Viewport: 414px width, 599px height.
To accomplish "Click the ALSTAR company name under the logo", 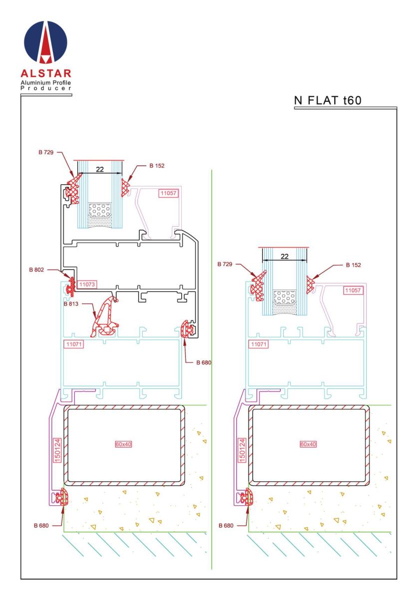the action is tap(46, 73).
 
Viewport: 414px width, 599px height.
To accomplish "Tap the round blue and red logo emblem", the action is tap(45, 42).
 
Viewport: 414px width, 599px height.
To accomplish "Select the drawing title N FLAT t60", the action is tap(328, 100).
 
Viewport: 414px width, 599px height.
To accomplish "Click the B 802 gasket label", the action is tap(36, 270).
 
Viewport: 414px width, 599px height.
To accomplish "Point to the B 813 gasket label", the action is tap(71, 304).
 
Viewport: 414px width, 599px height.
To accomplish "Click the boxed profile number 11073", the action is tap(87, 284).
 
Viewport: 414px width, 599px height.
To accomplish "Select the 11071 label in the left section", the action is tap(73, 344).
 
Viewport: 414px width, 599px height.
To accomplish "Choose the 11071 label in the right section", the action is tap(259, 344).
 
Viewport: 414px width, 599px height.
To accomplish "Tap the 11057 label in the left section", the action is tap(168, 193).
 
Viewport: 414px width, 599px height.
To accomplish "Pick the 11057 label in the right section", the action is tap(353, 291).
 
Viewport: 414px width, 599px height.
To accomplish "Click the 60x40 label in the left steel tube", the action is tap(123, 444).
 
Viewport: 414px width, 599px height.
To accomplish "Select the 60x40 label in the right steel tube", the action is tap(308, 444).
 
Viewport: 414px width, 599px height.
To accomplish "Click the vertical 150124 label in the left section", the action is tap(57, 450).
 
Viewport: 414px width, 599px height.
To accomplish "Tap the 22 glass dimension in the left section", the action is tap(100, 169).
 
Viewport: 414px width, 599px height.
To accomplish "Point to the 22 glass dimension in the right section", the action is tap(285, 257).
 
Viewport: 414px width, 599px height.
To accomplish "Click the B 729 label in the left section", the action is tap(46, 152).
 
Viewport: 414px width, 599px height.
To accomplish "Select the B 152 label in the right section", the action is tap(353, 265).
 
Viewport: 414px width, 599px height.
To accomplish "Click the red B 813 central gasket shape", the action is tap(104, 318).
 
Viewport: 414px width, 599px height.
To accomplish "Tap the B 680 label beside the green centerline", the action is tap(204, 362).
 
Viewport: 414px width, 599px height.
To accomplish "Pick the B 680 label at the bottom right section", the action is tap(226, 526).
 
